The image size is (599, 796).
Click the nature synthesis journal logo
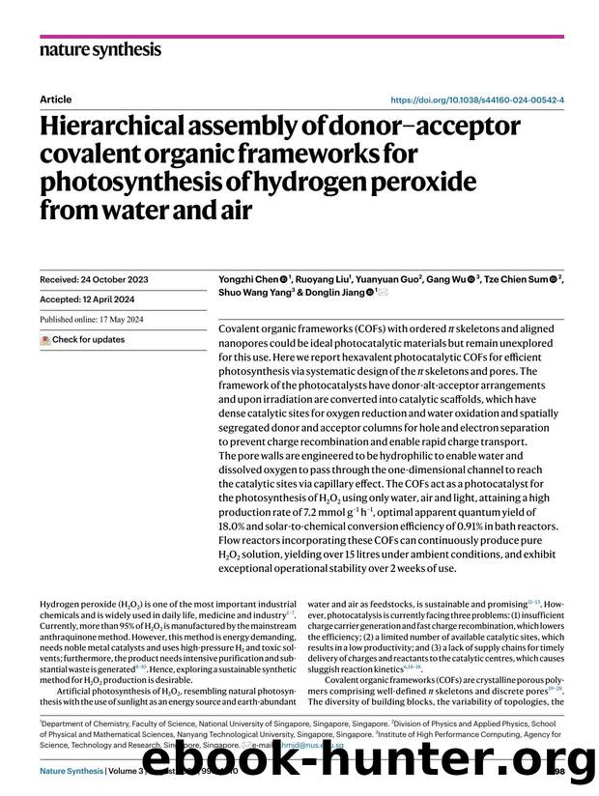click(x=100, y=49)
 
